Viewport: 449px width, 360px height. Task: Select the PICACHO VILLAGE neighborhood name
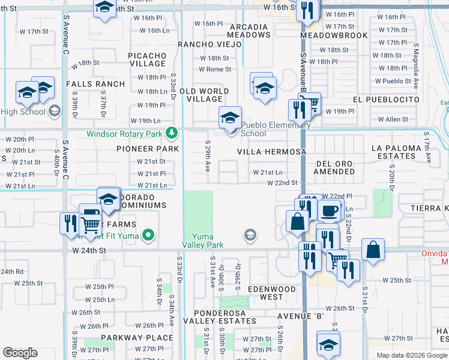[147, 59]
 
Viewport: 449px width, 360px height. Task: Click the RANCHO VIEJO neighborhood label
[205, 44]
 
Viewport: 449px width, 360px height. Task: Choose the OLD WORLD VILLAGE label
[204, 95]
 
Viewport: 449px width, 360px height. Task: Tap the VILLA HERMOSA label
[271, 152]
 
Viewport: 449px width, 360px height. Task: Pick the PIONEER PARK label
[148, 149]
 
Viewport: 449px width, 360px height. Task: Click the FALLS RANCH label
[95, 84]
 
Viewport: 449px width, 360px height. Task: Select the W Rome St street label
[215, 70]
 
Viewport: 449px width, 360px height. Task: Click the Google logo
[20, 353]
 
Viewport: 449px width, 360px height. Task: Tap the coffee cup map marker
[329, 211]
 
